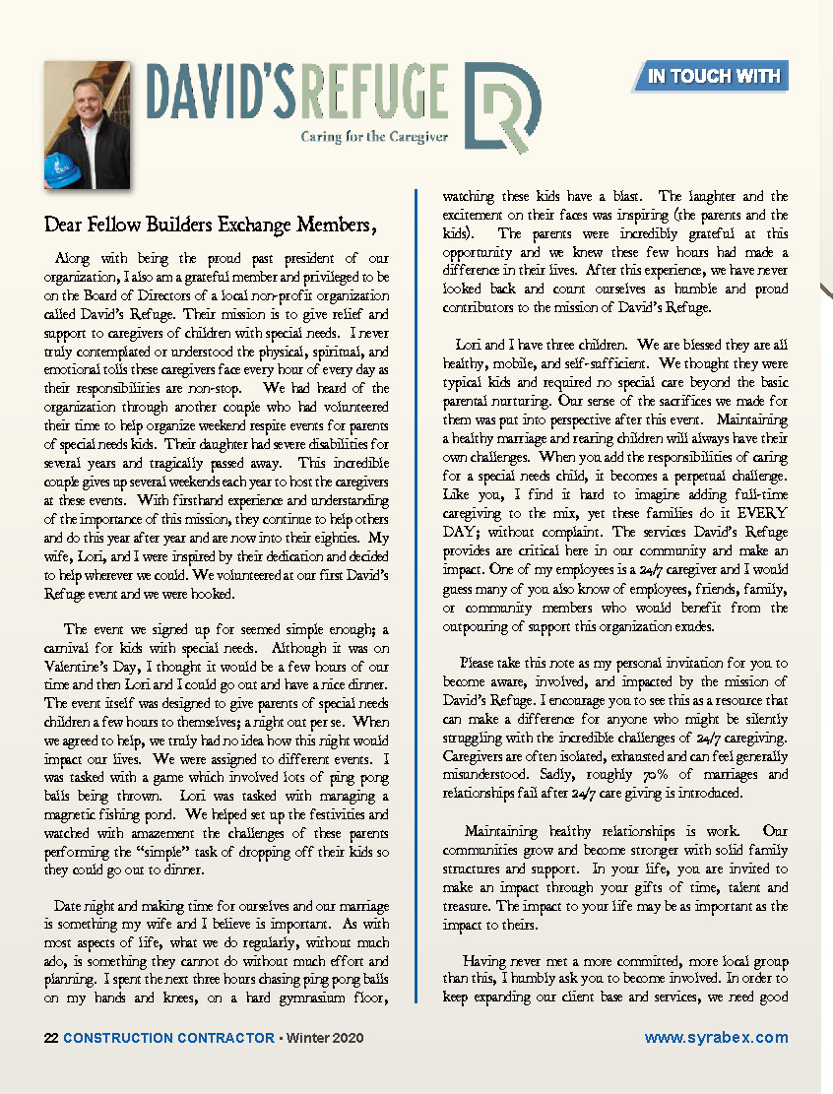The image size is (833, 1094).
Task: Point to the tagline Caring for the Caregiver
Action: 374,137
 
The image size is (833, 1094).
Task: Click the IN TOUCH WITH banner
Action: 714,76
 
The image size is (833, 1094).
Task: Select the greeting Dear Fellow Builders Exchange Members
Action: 211,225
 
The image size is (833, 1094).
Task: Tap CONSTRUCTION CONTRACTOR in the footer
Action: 168,1038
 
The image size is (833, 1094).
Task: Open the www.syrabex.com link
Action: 716,1038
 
